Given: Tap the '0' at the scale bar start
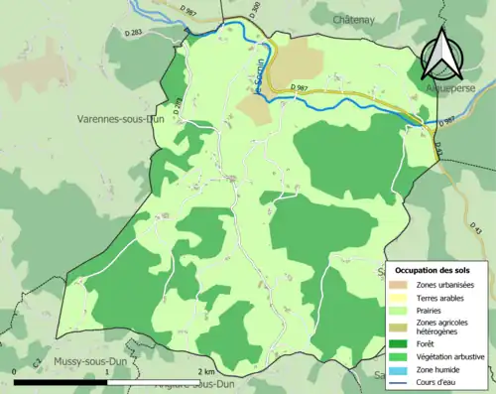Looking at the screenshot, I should (16, 370).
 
